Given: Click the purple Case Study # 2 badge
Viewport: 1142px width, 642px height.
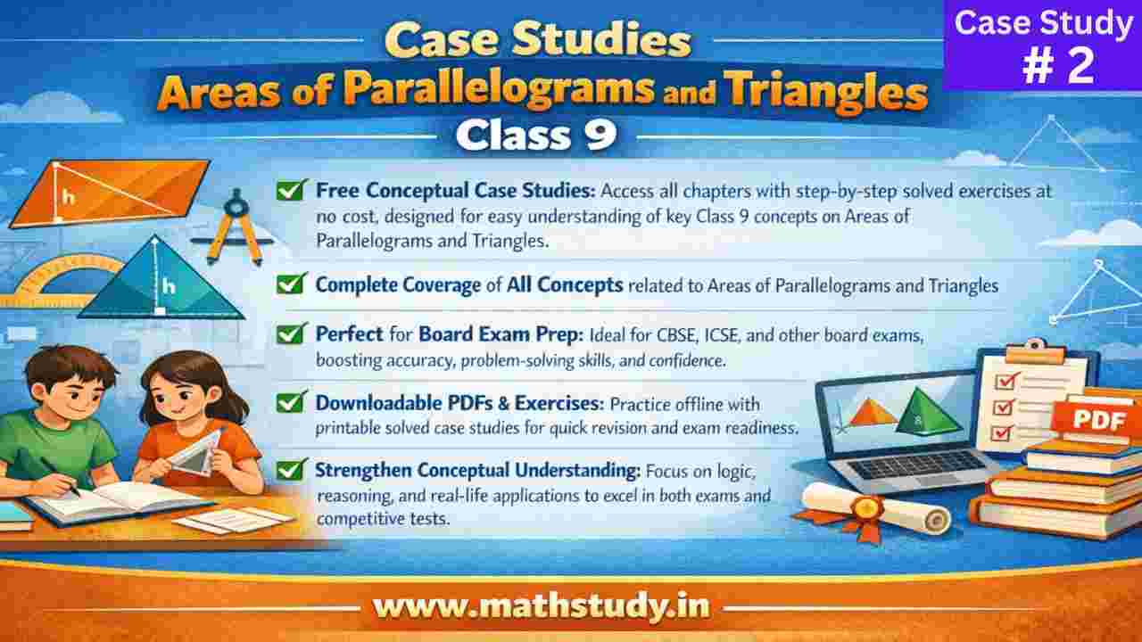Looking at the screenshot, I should coord(1042,46).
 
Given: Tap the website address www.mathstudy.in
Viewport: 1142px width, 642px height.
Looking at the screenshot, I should coord(542,606).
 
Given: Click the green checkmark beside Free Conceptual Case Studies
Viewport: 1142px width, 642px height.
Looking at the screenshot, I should coord(288,190).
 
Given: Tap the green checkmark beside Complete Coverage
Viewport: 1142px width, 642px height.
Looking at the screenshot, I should coord(288,284).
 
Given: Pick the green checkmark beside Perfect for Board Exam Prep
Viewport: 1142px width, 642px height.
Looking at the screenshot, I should coord(288,335).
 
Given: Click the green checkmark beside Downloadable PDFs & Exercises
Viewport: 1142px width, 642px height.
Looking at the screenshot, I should coord(288,402).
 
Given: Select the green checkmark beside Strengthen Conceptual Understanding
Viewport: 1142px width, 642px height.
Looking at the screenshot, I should coord(288,468).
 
